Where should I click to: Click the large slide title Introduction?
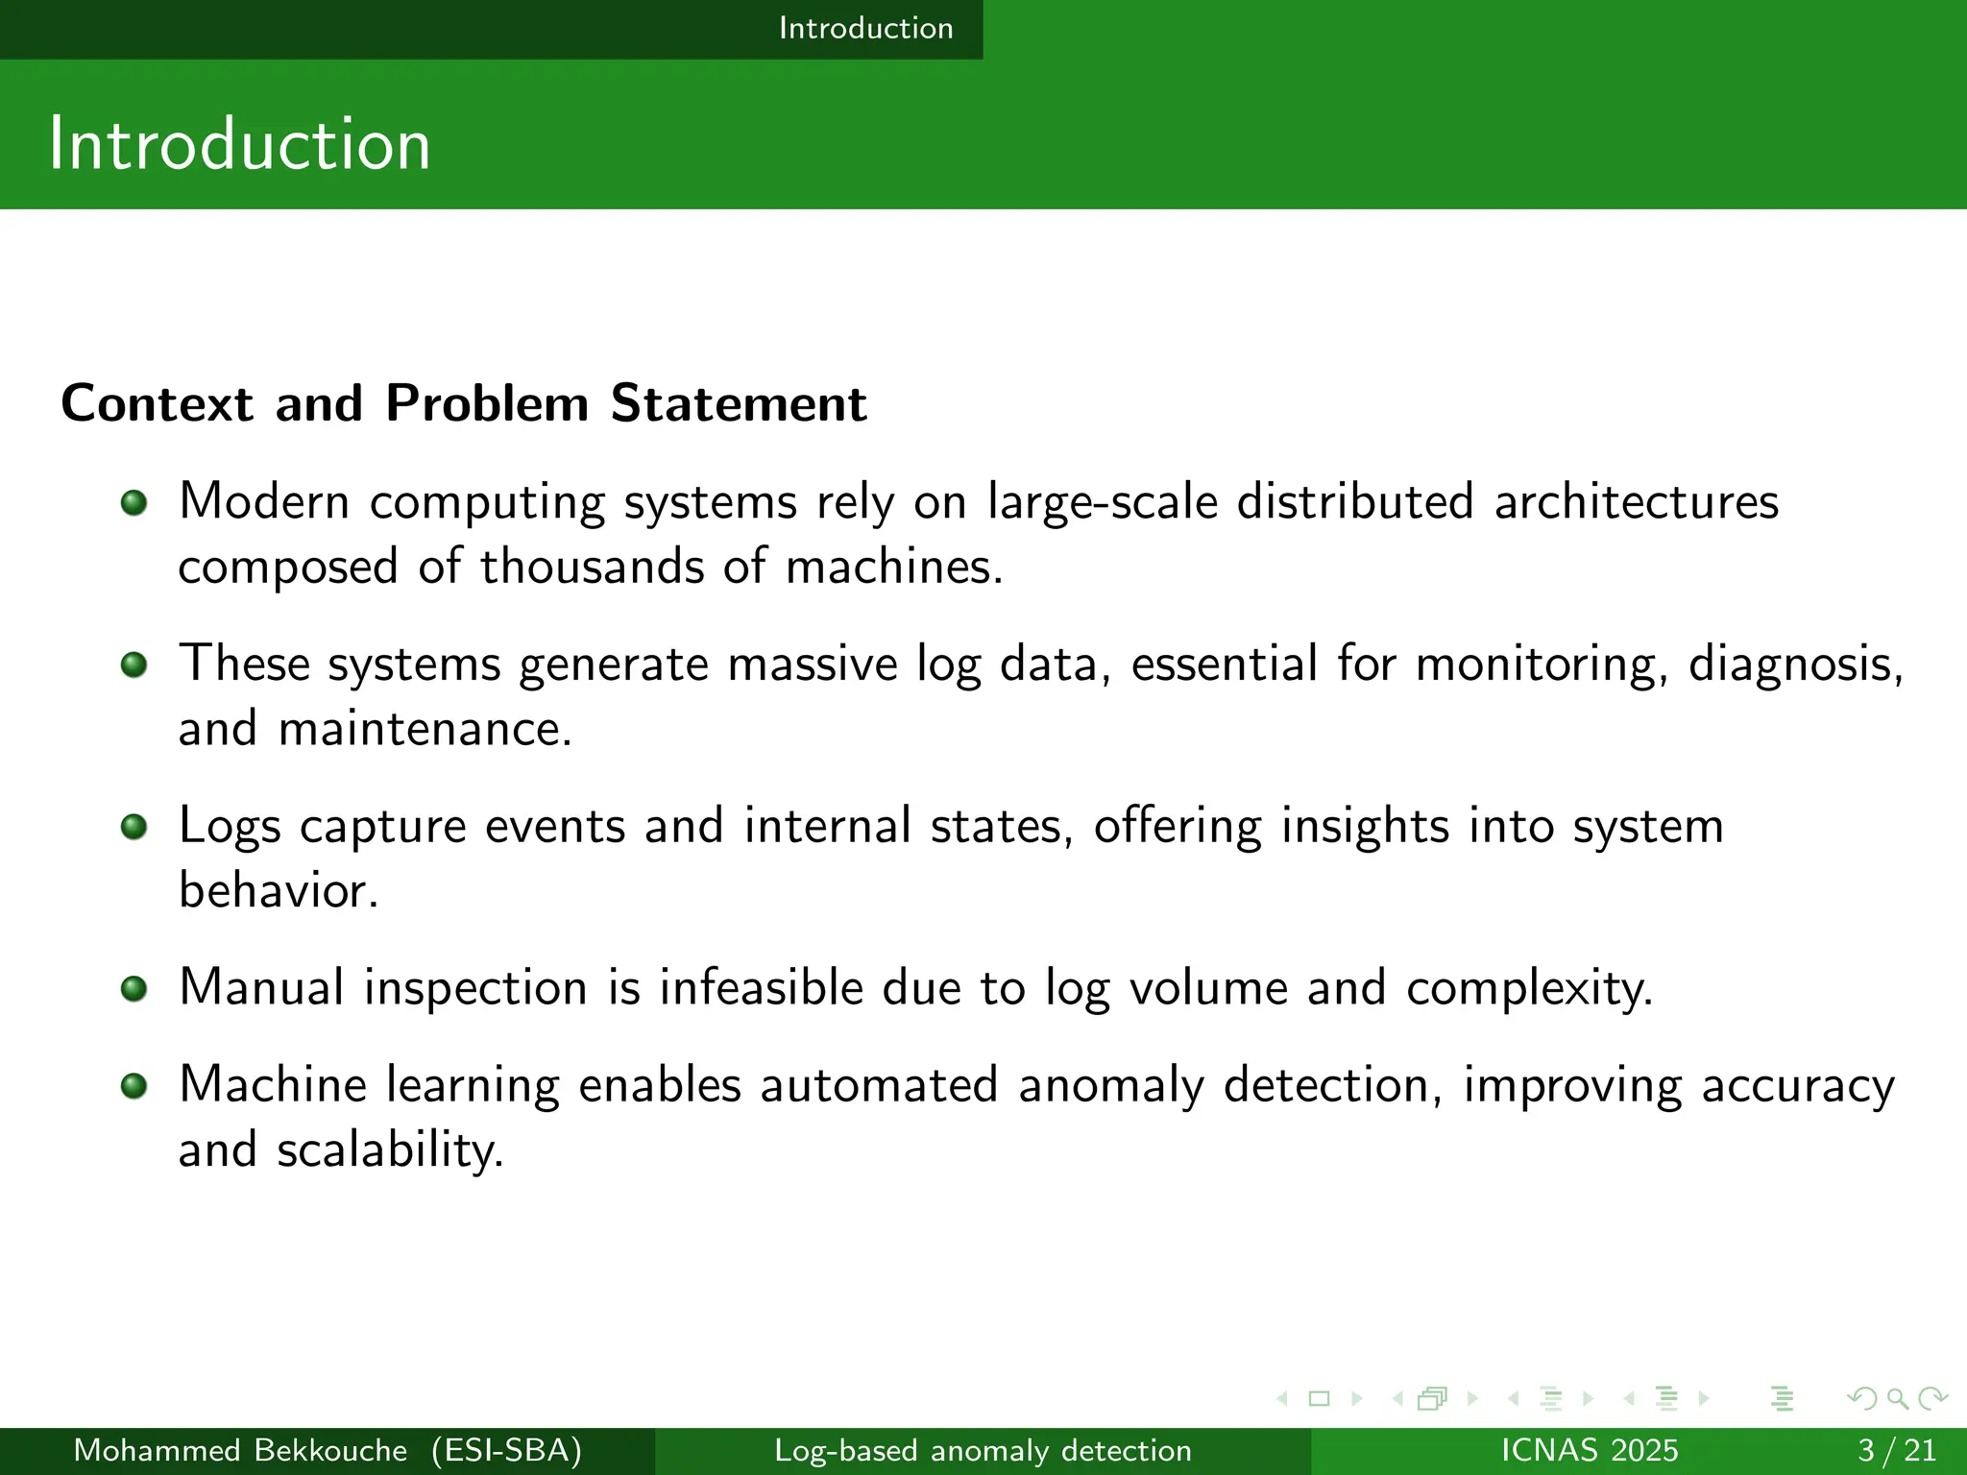239,144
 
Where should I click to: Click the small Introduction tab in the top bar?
865,29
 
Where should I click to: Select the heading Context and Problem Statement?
464,403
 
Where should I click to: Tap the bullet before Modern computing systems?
134,502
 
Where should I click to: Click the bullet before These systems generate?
134,665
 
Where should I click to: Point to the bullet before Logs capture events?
134,827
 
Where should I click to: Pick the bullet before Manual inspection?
134,988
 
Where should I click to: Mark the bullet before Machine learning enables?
134,1086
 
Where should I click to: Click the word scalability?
389,1150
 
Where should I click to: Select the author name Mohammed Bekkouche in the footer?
240,1450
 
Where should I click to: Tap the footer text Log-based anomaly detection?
983,1450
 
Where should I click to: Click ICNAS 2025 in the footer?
1589,1450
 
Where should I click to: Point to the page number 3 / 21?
1896,1450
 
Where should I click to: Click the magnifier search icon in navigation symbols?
1897,1399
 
